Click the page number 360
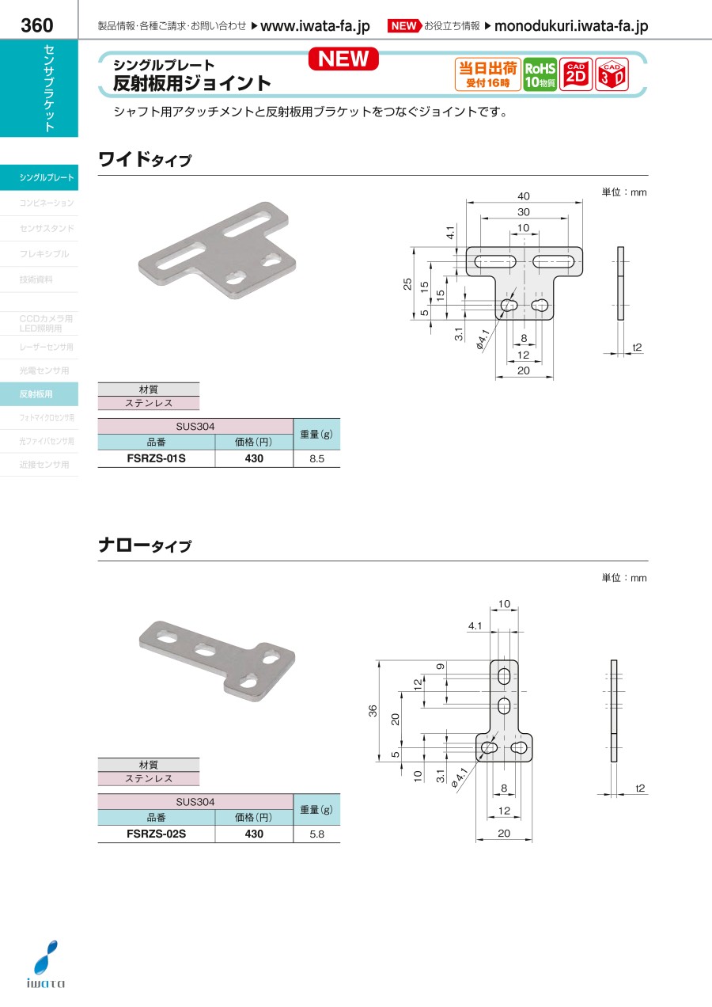(37, 25)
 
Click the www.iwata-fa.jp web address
(315, 26)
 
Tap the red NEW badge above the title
(343, 59)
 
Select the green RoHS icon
(540, 74)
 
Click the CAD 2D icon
(576, 74)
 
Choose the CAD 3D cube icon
(612, 74)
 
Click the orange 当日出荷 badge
(488, 74)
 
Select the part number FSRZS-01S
(156, 458)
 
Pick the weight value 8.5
(316, 458)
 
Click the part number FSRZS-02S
(156, 834)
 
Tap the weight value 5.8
(316, 834)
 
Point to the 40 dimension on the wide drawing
(524, 196)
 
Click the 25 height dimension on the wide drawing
(407, 284)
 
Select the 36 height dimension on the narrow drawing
(373, 711)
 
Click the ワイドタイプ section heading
(145, 159)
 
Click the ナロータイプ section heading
(145, 545)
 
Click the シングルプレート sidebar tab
(39, 177)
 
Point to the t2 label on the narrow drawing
(640, 788)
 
